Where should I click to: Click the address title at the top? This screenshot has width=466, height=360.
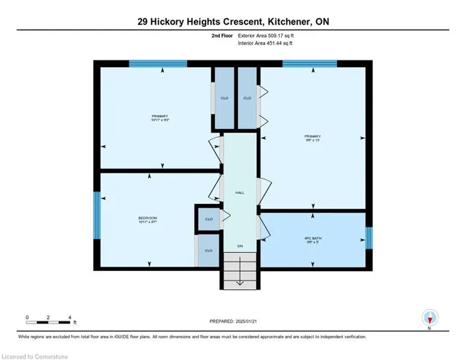(233, 23)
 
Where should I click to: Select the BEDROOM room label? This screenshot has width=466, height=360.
(148, 221)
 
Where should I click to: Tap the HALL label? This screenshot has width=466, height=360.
(239, 193)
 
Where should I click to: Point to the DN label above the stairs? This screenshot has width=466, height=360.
(239, 246)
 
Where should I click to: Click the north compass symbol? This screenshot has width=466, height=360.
(430, 318)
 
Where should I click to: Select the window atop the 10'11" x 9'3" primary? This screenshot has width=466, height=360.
(158, 63)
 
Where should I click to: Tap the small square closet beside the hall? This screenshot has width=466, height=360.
(208, 219)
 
